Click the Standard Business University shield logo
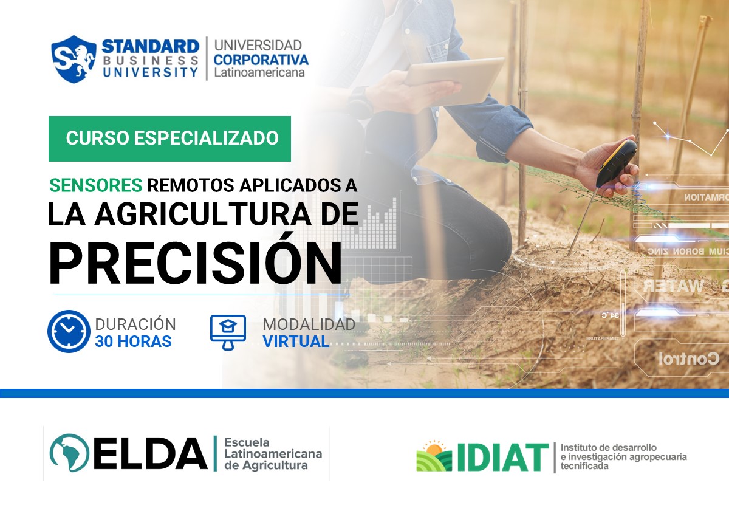coord(74,59)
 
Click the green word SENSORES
coord(96,185)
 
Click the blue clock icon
coord(68,332)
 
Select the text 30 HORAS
coord(133,341)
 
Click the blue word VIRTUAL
coord(296,341)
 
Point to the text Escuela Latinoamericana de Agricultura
coord(273,454)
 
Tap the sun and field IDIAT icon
coord(434,456)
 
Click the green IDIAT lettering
coord(503,458)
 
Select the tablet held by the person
coord(454,79)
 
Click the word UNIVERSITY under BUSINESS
coord(150,72)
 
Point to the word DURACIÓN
coord(135,324)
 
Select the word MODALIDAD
coord(309,324)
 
